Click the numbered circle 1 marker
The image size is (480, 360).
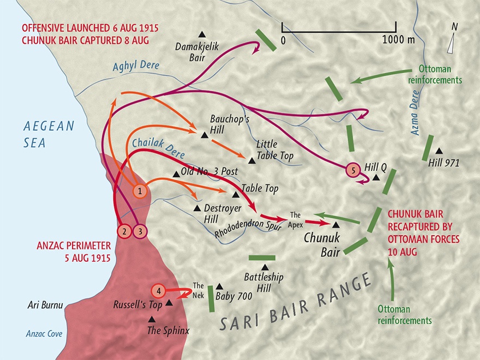tap(140, 191)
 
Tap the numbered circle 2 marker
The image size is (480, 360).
tap(125, 231)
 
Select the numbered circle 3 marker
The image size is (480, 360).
tap(140, 231)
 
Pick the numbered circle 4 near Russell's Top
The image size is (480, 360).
tap(158, 290)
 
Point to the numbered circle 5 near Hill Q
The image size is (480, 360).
tap(353, 170)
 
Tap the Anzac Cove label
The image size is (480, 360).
tap(44, 334)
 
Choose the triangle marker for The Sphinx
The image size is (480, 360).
tap(152, 319)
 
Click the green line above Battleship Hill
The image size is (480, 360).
tap(262, 257)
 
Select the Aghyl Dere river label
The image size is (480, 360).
tap(136, 66)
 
